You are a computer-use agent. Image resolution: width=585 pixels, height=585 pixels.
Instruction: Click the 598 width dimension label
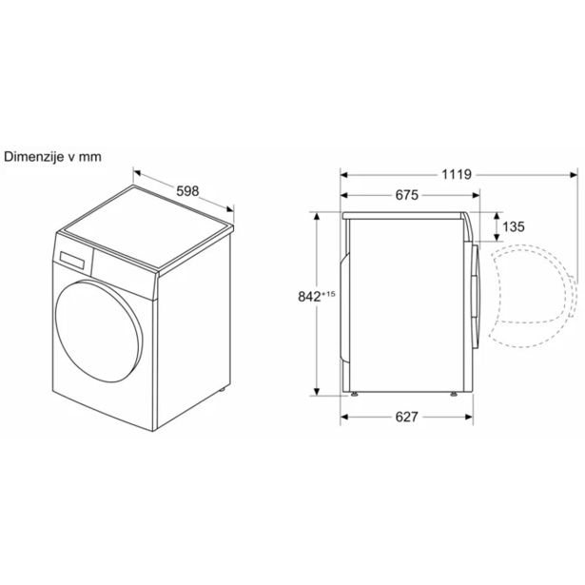tap(187, 191)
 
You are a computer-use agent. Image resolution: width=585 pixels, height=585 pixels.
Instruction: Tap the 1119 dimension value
tap(457, 174)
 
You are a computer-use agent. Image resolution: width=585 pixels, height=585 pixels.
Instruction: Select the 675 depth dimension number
tap(407, 195)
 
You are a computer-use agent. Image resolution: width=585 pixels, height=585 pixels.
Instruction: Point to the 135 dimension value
tap(514, 226)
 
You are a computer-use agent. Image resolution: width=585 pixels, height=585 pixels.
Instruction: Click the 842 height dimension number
tap(309, 296)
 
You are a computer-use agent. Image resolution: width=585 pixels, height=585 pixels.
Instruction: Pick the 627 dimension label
tap(406, 417)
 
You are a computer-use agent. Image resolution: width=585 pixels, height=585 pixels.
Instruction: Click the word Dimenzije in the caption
tap(34, 157)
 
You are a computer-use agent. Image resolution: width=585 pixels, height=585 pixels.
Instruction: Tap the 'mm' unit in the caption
tap(90, 158)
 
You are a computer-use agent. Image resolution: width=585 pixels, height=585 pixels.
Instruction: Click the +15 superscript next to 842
tap(328, 294)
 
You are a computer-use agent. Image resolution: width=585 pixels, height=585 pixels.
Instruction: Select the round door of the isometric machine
tap(98, 331)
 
